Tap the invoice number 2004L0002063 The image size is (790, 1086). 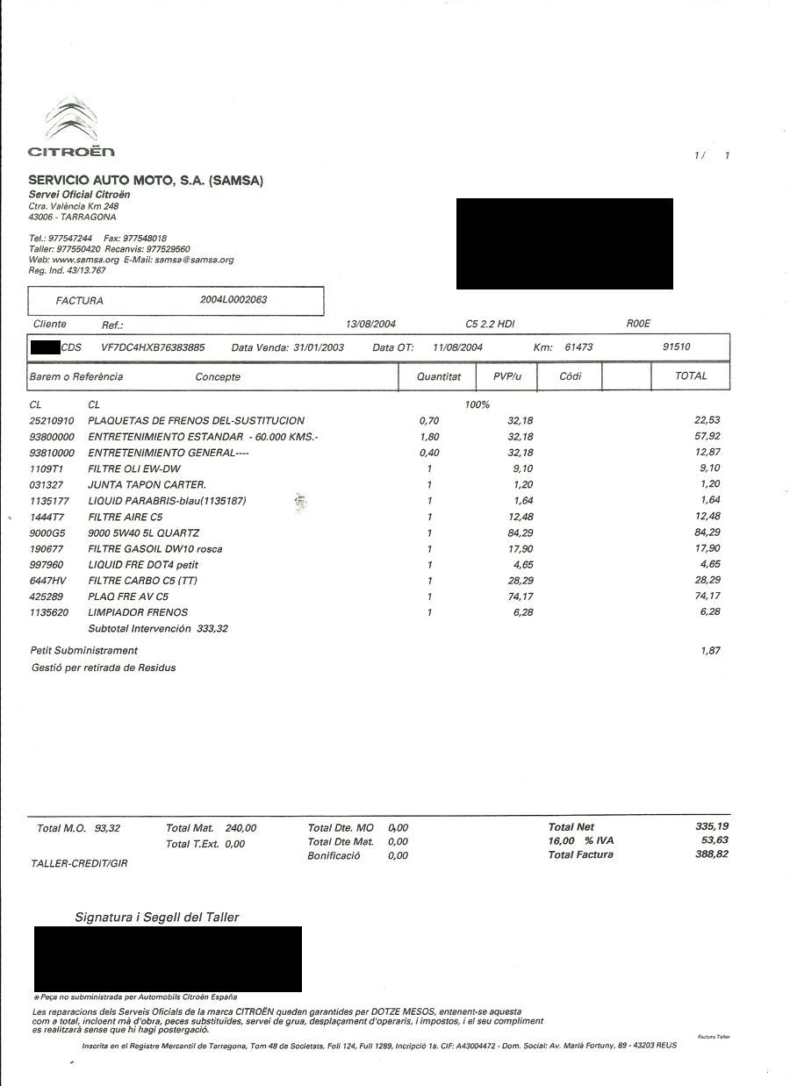233,300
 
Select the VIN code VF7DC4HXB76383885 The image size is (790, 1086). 153,347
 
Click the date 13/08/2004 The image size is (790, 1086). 371,325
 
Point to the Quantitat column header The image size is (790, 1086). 439,376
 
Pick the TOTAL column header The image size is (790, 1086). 691,375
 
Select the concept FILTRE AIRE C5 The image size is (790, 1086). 126,518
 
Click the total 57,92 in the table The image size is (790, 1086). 707,436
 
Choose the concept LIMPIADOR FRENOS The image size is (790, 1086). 138,612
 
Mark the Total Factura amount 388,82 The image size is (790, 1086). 711,854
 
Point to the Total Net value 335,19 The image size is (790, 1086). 711,826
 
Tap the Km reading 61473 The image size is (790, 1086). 578,347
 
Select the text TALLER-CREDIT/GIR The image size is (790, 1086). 79,864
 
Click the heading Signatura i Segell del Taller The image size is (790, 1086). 157,918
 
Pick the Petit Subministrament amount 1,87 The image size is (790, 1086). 711,650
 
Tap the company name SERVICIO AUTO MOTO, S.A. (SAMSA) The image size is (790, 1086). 146,181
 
